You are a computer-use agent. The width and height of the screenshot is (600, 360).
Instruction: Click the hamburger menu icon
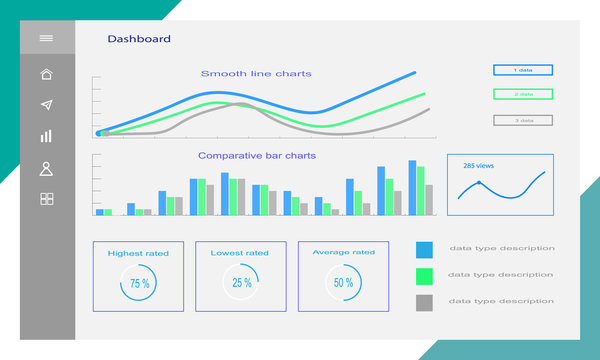pyautogui.click(x=46, y=38)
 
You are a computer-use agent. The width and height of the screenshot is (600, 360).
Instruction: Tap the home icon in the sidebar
pyautogui.click(x=46, y=74)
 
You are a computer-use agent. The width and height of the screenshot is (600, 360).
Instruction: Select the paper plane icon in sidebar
pyautogui.click(x=46, y=105)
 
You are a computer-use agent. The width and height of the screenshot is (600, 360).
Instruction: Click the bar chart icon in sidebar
pyautogui.click(x=46, y=136)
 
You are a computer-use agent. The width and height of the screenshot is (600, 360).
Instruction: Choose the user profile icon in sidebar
pyautogui.click(x=46, y=168)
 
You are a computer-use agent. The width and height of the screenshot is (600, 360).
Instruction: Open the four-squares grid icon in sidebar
pyautogui.click(x=46, y=199)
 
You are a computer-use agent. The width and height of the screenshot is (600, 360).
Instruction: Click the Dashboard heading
pyautogui.click(x=139, y=39)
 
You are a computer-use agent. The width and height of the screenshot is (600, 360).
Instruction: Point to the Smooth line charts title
pyautogui.click(x=256, y=73)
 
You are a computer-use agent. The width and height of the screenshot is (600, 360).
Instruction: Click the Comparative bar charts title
pyautogui.click(x=257, y=155)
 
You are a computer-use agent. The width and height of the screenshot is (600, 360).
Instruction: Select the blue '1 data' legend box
pyautogui.click(x=523, y=70)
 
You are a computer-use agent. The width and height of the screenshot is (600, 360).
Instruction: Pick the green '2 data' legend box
pyautogui.click(x=523, y=94)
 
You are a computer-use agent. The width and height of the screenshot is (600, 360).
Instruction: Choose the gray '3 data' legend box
pyautogui.click(x=523, y=120)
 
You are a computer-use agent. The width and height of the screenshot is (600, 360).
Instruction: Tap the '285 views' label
pyautogui.click(x=477, y=165)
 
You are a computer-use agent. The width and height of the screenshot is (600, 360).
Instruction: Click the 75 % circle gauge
pyautogui.click(x=139, y=283)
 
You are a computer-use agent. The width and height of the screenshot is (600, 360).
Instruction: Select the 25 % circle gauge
pyautogui.click(x=241, y=283)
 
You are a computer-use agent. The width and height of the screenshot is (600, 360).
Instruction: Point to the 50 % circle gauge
pyautogui.click(x=343, y=283)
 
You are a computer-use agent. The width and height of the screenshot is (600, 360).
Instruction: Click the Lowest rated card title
pyautogui.click(x=240, y=253)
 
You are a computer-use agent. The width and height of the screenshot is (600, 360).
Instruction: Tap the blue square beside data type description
pyautogui.click(x=424, y=249)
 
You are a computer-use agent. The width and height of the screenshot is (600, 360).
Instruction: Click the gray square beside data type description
pyautogui.click(x=424, y=301)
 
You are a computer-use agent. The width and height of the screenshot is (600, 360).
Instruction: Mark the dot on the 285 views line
pyautogui.click(x=479, y=183)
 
